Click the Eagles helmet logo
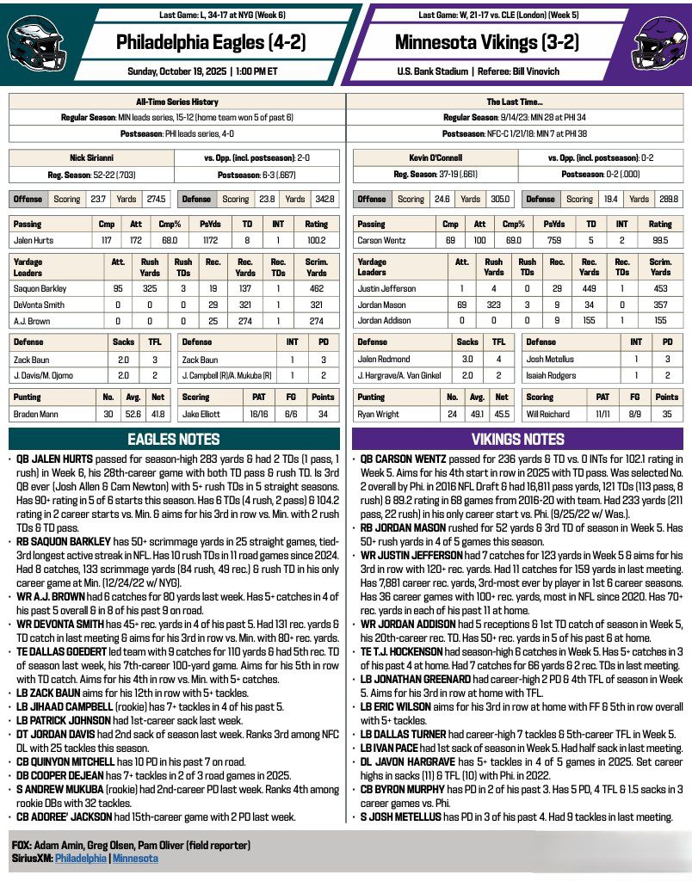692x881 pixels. click(34, 43)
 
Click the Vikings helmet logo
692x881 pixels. click(658, 43)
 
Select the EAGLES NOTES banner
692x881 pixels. click(173, 439)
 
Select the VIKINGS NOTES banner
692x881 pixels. click(518, 439)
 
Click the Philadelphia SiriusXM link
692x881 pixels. click(81, 858)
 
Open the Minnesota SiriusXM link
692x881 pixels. click(135, 858)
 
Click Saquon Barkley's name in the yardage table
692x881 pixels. click(40, 288)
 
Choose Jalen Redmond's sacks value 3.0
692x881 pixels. click(468, 358)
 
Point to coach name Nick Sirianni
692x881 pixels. click(91, 157)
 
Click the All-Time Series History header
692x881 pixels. click(176, 102)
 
